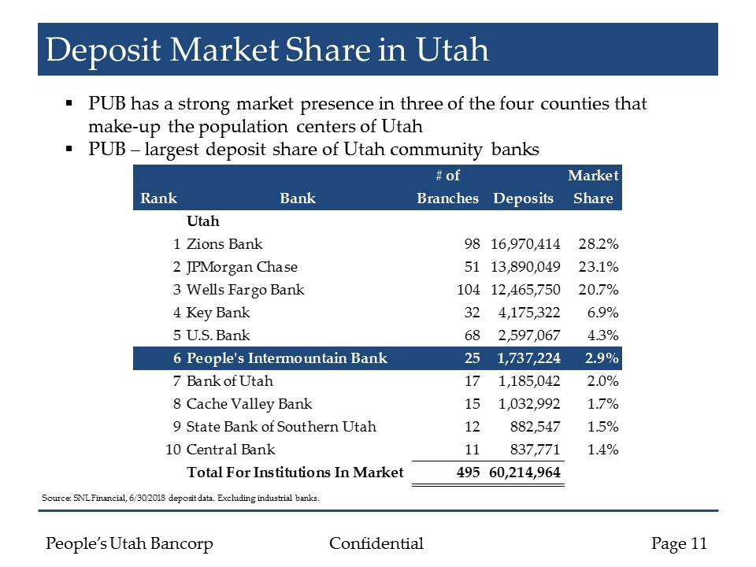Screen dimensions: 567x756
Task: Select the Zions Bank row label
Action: coord(224,244)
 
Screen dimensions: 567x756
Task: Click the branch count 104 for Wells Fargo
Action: coord(468,290)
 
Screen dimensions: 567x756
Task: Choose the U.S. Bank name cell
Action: coord(218,335)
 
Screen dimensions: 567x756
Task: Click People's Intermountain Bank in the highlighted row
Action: coord(287,358)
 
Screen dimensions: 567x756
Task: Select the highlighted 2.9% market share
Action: coord(601,358)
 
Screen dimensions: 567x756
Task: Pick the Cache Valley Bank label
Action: coord(249,404)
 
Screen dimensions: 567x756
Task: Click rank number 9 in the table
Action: coord(177,427)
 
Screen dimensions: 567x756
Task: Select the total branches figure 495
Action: coord(468,472)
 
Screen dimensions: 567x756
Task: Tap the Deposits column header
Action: coord(523,198)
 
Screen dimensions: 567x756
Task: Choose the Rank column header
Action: coord(158,198)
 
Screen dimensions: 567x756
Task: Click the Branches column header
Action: coord(447,198)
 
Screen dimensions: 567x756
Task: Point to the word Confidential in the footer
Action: coord(376,543)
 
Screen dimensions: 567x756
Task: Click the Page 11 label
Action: coord(680,543)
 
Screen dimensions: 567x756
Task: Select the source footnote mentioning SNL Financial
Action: coord(182,498)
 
